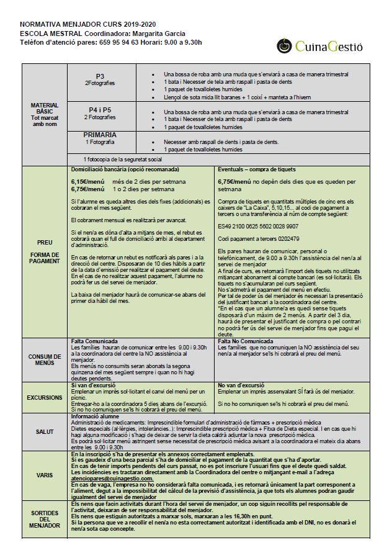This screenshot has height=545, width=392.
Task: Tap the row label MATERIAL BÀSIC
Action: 45,112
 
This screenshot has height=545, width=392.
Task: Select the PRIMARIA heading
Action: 100,135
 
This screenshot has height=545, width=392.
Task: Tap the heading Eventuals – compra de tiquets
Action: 257,169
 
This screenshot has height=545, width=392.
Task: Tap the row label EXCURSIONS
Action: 45,397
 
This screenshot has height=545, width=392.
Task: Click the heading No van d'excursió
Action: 243,385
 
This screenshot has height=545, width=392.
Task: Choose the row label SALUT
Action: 45,432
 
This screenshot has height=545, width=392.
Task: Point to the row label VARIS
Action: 45,475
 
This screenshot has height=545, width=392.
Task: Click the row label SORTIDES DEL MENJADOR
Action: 45,516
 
